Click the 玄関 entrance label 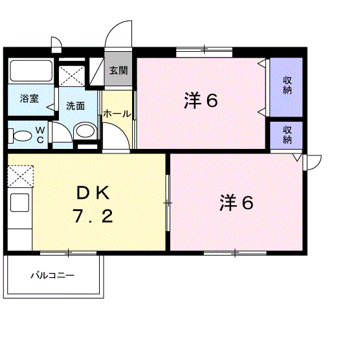click(118, 70)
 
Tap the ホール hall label click(117, 114)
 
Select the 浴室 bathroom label click(29, 99)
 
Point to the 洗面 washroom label click(75, 106)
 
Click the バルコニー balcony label click(53, 275)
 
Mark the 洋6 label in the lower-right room click(236, 203)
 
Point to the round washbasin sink click(84, 132)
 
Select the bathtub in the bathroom click(31, 71)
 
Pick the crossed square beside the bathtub click(71, 76)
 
